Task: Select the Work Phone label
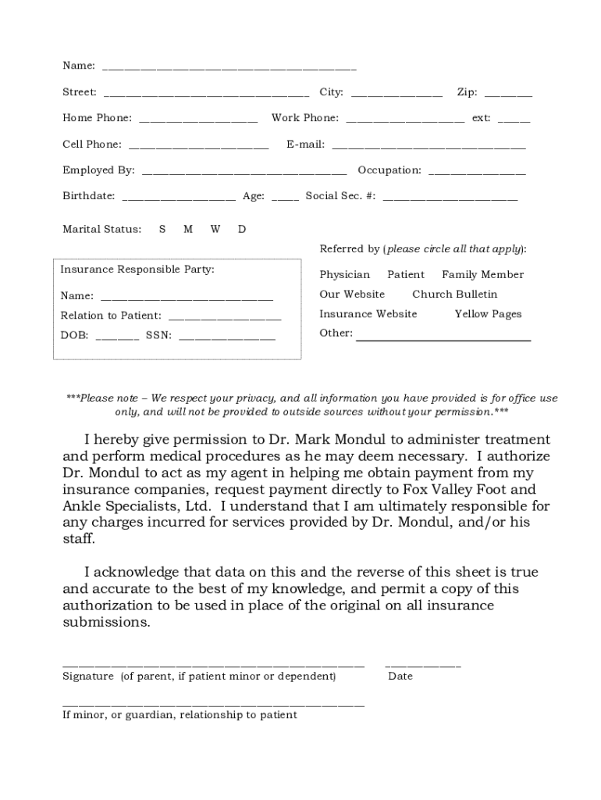[304, 118]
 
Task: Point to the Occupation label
[389, 170]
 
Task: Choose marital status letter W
[215, 229]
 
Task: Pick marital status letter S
[162, 229]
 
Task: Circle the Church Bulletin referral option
[454, 295]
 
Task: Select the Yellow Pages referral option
[488, 314]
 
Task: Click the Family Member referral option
[482, 275]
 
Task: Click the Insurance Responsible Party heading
[137, 270]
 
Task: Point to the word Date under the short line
[400, 676]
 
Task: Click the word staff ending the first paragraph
[78, 539]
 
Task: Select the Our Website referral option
[352, 295]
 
